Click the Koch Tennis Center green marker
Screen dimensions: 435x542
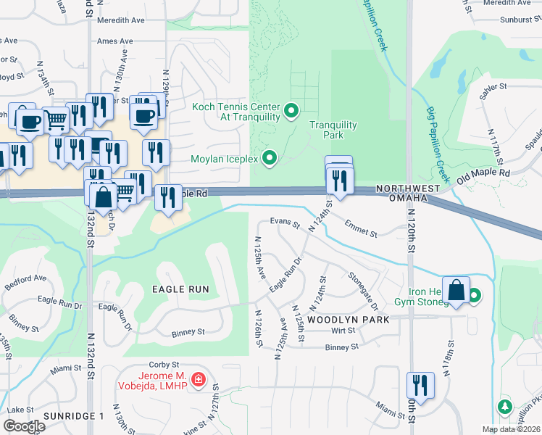click(291, 111)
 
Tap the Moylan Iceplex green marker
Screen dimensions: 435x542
click(270, 157)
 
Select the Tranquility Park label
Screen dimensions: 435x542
click(333, 130)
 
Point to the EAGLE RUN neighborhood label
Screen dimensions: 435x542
click(180, 289)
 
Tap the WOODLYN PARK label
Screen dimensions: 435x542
click(348, 319)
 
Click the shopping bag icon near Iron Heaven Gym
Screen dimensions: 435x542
click(456, 291)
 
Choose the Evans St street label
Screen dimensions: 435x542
click(285, 222)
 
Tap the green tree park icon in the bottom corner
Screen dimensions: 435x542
click(504, 406)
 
